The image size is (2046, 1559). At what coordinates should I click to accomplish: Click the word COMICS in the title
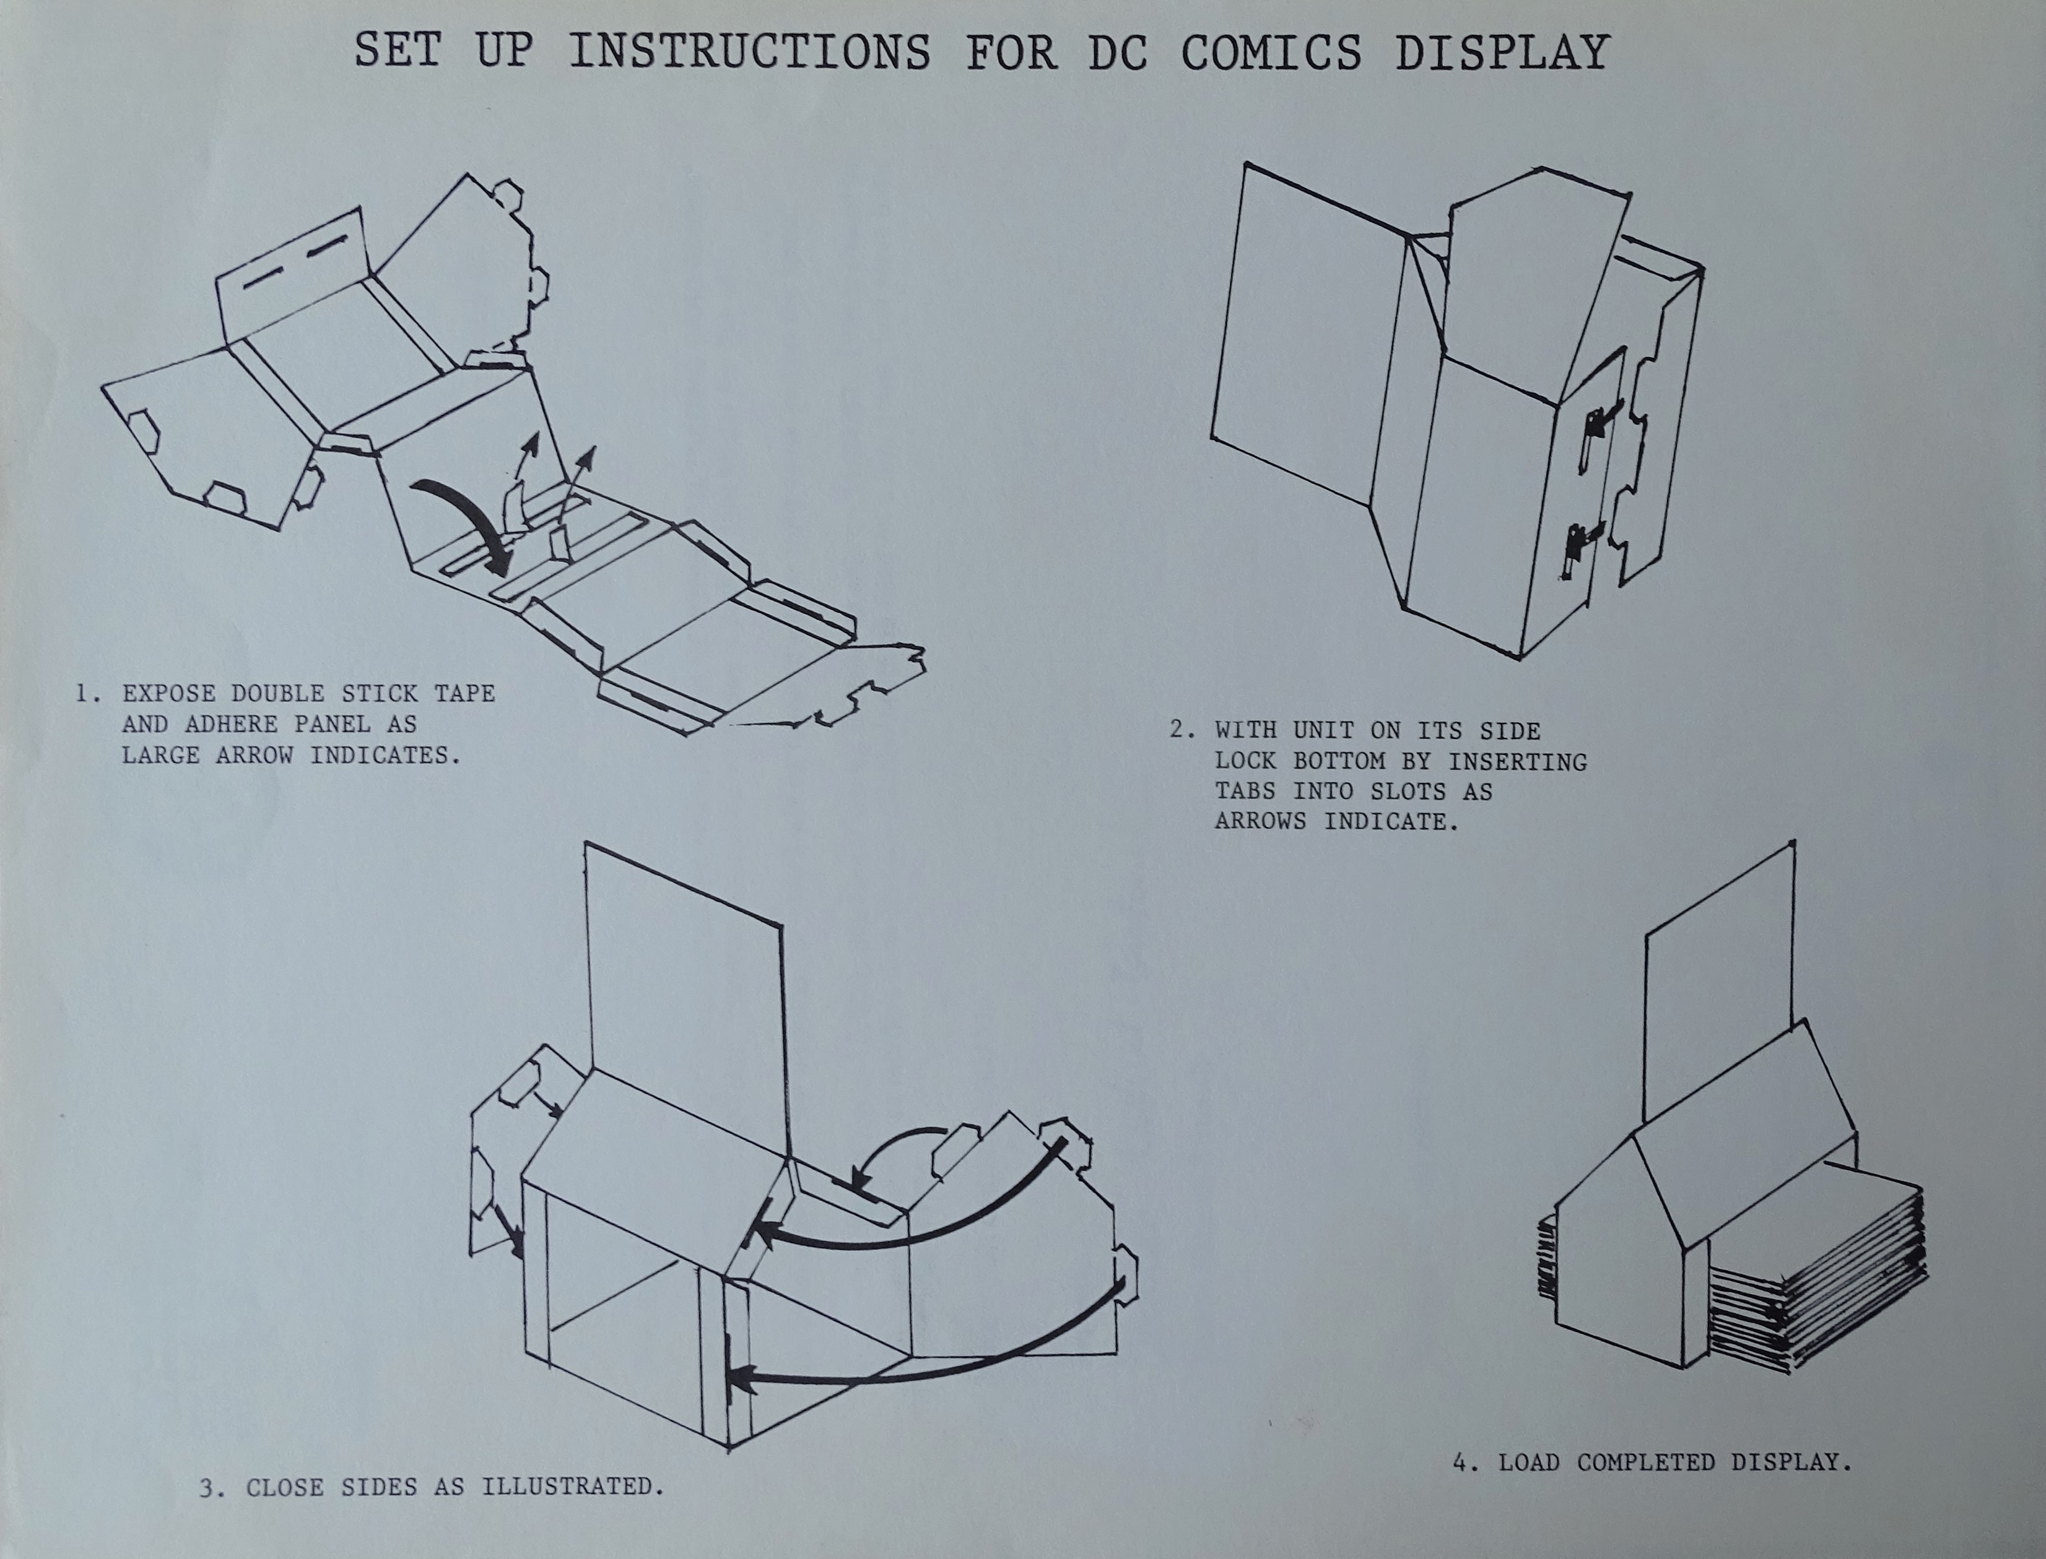coord(1271,52)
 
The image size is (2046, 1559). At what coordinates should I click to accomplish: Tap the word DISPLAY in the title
coord(1502,52)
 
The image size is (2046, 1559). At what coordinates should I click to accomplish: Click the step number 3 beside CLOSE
coord(211,1488)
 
